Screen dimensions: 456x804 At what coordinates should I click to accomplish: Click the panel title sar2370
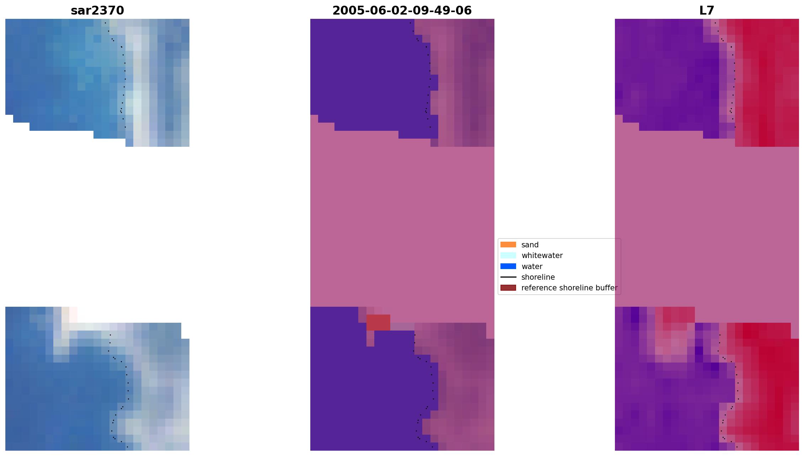(x=97, y=11)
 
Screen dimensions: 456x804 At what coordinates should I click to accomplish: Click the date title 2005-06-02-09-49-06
(x=402, y=11)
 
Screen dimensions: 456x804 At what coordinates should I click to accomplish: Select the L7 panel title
(x=707, y=11)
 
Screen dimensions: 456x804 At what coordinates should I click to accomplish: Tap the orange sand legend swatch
(x=508, y=245)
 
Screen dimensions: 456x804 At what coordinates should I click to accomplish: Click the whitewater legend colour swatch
(x=508, y=255)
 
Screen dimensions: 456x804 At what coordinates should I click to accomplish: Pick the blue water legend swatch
(x=508, y=266)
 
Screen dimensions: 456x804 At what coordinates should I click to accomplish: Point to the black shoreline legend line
(x=508, y=277)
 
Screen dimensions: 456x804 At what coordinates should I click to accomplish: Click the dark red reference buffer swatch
(x=508, y=288)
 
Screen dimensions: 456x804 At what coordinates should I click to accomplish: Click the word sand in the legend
(x=530, y=245)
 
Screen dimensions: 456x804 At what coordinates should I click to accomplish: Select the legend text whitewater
(x=542, y=256)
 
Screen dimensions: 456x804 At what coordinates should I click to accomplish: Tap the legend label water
(x=532, y=267)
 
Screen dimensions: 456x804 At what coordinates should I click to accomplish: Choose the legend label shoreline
(x=538, y=277)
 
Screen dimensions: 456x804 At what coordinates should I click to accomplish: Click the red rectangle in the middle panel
(x=378, y=322)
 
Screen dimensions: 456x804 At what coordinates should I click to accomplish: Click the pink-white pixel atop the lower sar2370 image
(x=73, y=314)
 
